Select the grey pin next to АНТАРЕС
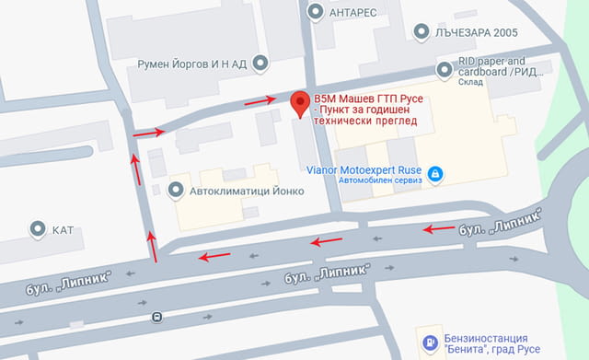[x=317, y=11]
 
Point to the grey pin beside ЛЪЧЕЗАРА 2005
[x=422, y=32]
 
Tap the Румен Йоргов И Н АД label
[x=191, y=64]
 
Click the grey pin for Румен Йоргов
[x=260, y=64]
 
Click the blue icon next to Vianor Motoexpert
[x=436, y=172]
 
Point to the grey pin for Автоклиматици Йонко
[x=176, y=190]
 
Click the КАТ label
[x=63, y=228]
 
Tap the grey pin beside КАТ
[x=38, y=227]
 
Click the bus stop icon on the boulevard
[x=157, y=318]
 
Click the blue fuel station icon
[x=427, y=344]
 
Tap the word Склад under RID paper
[x=473, y=81]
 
